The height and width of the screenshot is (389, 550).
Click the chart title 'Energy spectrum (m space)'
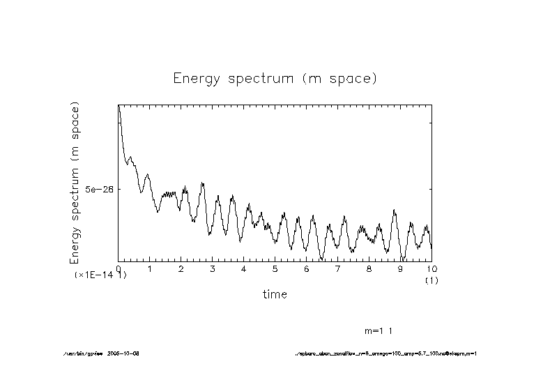click(275, 78)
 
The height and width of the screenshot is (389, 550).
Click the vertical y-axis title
click(75, 183)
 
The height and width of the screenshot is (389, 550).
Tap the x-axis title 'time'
click(275, 295)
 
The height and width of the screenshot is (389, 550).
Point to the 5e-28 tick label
click(99, 189)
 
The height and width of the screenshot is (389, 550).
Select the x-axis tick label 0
click(119, 268)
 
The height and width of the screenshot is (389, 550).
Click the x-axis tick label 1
click(150, 268)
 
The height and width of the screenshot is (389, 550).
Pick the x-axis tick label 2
click(181, 268)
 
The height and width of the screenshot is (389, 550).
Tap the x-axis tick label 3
click(213, 268)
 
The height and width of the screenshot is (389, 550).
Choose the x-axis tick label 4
click(244, 268)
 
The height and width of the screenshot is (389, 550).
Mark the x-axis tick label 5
click(275, 268)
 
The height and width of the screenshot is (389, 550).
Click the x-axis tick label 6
click(307, 268)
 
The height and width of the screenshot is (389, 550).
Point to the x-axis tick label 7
click(338, 268)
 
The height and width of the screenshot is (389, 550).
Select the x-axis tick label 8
click(369, 268)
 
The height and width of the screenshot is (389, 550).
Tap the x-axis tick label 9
click(401, 268)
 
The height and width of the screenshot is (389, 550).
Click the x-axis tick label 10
click(431, 268)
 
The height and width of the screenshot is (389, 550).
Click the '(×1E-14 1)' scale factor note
click(101, 275)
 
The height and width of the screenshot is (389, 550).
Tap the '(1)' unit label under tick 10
click(431, 280)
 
